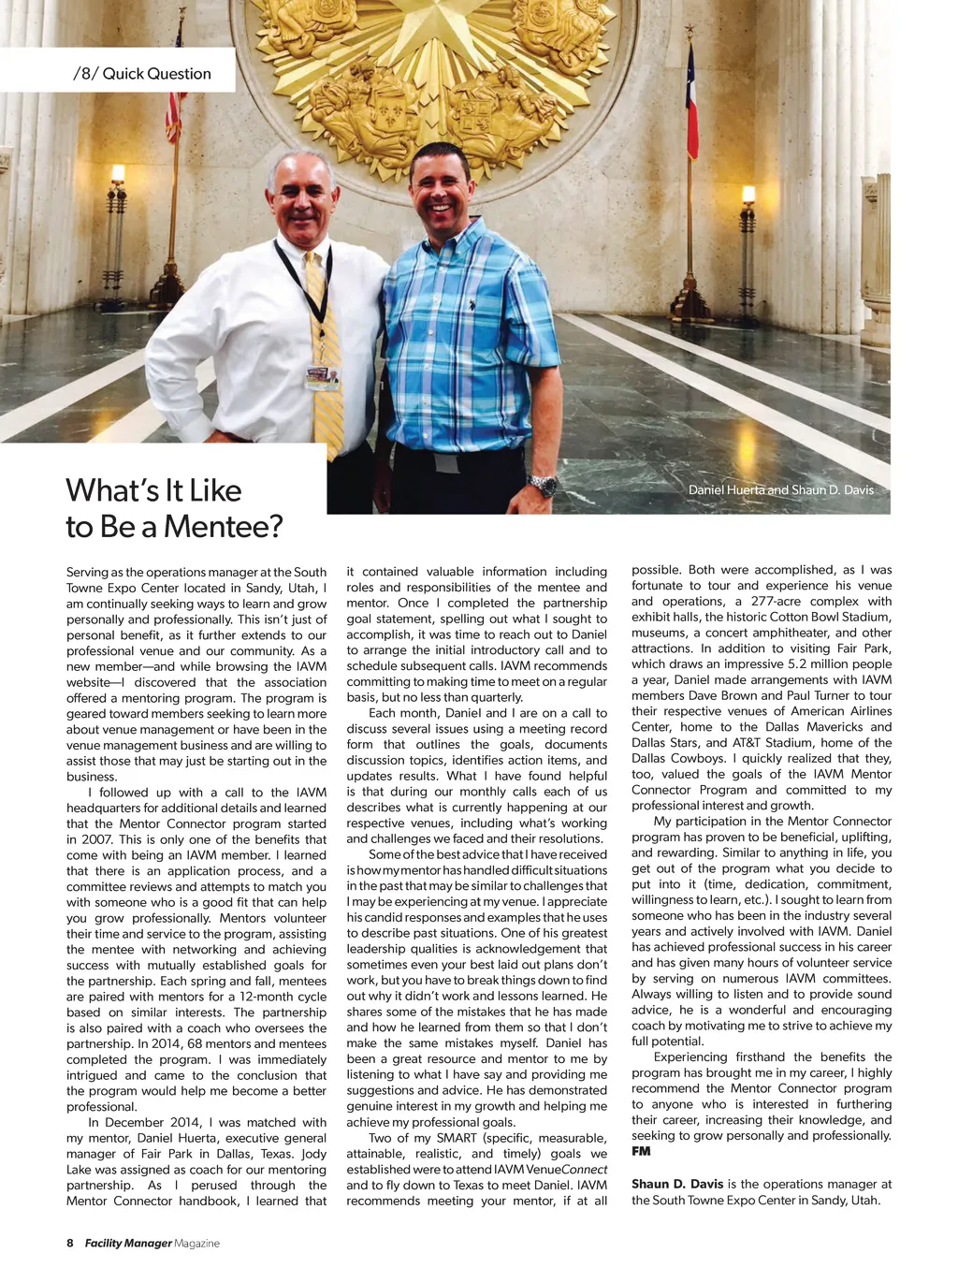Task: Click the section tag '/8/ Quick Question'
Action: pyautogui.click(x=142, y=74)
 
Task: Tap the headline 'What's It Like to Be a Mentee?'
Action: pyautogui.click(x=174, y=508)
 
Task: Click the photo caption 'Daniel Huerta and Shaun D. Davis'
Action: pyautogui.click(x=780, y=490)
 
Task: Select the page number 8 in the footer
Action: pyautogui.click(x=70, y=1243)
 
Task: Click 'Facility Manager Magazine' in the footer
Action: pyautogui.click(x=152, y=1243)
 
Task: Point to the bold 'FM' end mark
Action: pyautogui.click(x=641, y=1152)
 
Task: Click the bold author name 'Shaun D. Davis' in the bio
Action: pyautogui.click(x=677, y=1184)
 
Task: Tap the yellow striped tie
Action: pyautogui.click(x=325, y=356)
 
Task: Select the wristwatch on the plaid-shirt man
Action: pyautogui.click(x=542, y=485)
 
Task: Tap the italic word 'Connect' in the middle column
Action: pyautogui.click(x=584, y=1170)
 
